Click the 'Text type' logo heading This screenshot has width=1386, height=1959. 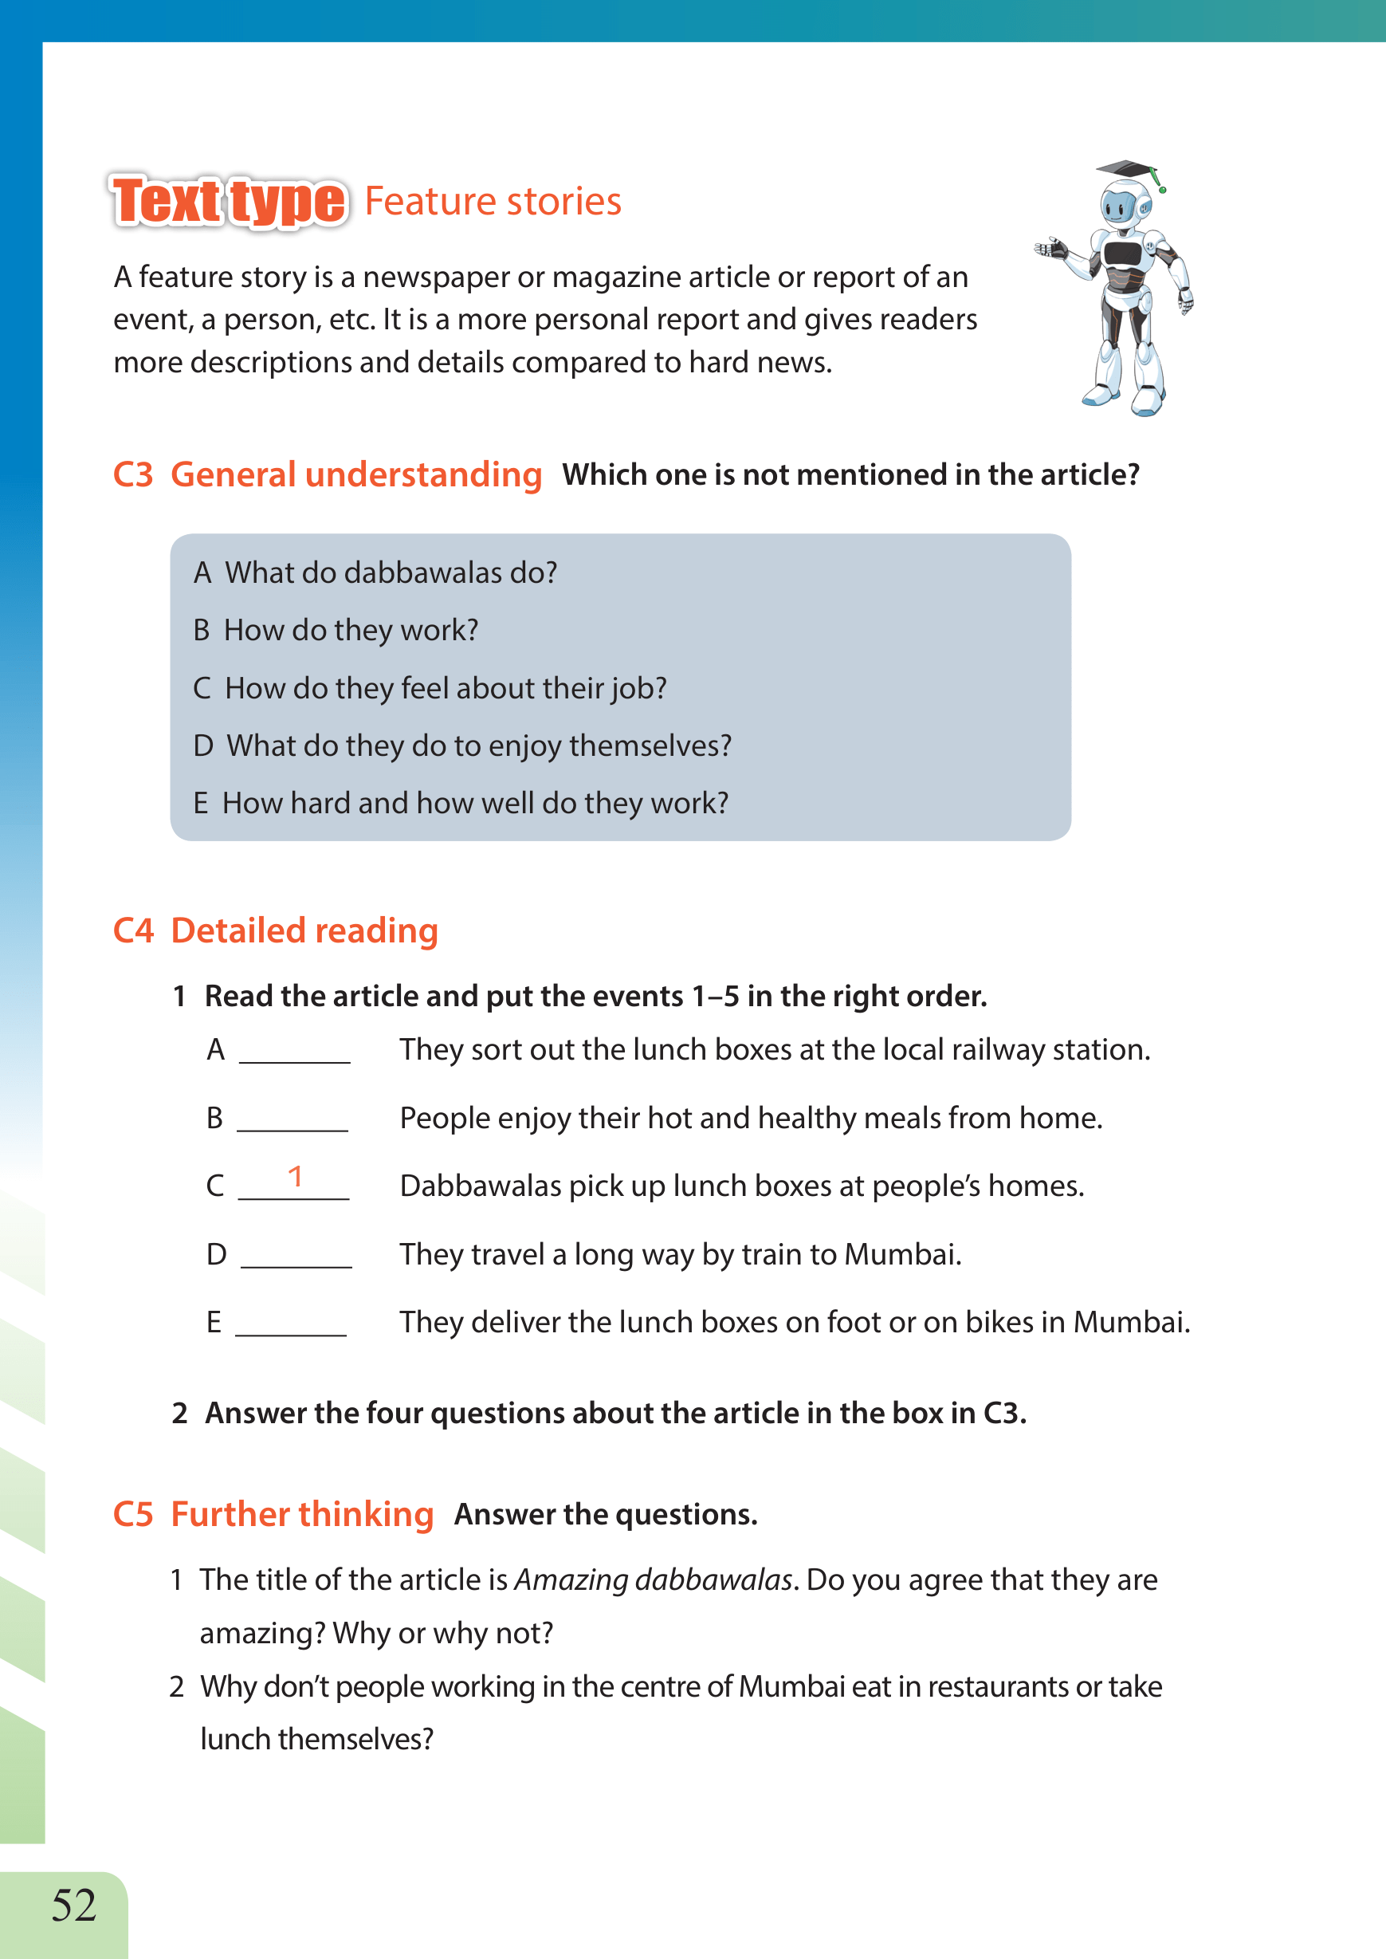click(x=229, y=202)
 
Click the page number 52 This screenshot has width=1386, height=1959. click(x=74, y=1906)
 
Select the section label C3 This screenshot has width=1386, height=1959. click(x=133, y=475)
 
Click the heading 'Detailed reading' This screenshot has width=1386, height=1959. click(x=304, y=930)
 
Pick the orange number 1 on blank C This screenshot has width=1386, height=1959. click(x=296, y=1177)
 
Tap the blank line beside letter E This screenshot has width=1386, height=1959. click(x=291, y=1332)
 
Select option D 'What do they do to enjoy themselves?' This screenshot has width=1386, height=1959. click(x=462, y=746)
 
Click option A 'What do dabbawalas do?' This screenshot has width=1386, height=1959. click(x=375, y=572)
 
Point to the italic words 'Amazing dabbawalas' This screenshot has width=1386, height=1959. click(x=654, y=1580)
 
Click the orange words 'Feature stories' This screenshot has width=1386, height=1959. click(x=493, y=203)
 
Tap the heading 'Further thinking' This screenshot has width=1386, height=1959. click(x=302, y=1514)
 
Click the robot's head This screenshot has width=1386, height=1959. click(x=1121, y=205)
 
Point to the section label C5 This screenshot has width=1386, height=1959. click(x=133, y=1515)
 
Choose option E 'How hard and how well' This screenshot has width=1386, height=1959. click(x=461, y=803)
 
